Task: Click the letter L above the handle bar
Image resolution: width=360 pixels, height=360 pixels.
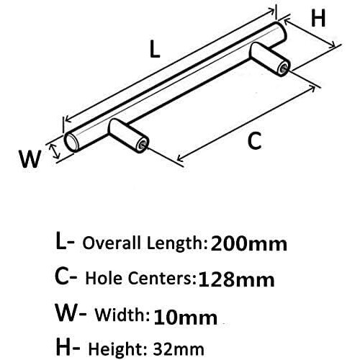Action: (155, 49)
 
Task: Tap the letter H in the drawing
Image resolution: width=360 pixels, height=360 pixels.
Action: (318, 18)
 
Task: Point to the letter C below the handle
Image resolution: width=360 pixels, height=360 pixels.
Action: (254, 141)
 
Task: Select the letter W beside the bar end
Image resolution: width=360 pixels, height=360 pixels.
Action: (30, 158)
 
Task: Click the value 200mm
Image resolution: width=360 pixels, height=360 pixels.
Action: (248, 243)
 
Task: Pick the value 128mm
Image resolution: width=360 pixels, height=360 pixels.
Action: (236, 279)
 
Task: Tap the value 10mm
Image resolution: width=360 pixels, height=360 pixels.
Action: (185, 318)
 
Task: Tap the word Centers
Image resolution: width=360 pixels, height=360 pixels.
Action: (161, 279)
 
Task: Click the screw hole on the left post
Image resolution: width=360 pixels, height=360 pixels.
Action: (141, 145)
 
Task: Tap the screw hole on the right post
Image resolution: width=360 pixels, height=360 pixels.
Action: (284, 68)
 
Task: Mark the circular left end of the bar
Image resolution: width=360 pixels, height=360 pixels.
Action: (71, 143)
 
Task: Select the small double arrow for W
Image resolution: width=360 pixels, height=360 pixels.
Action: (55, 151)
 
